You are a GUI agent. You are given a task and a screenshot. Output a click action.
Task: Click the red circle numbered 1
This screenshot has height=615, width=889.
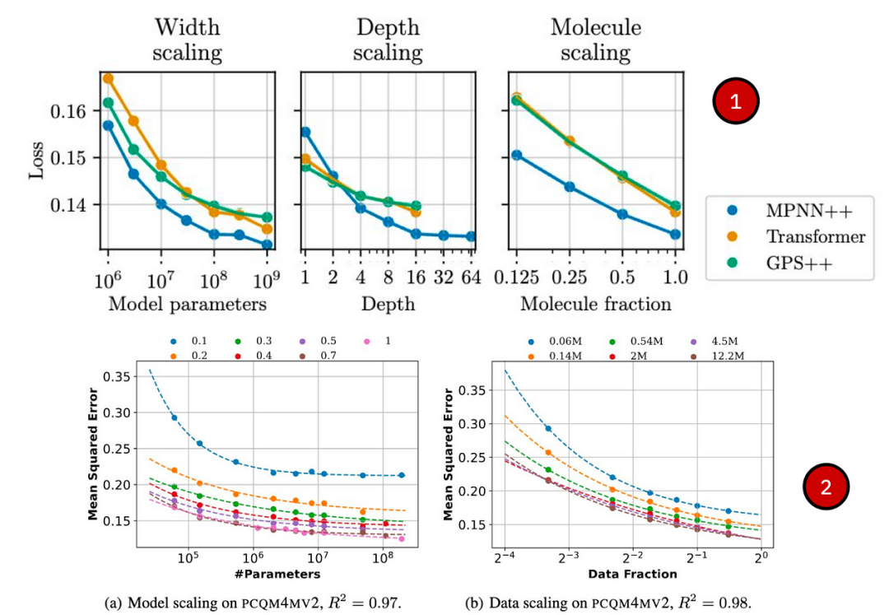coord(734,101)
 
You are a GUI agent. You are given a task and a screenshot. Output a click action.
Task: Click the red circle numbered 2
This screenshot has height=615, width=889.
coord(826,487)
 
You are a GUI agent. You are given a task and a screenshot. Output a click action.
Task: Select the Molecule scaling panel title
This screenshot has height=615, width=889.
coord(595,40)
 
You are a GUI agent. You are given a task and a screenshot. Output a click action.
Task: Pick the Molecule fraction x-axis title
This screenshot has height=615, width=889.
coord(595,305)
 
